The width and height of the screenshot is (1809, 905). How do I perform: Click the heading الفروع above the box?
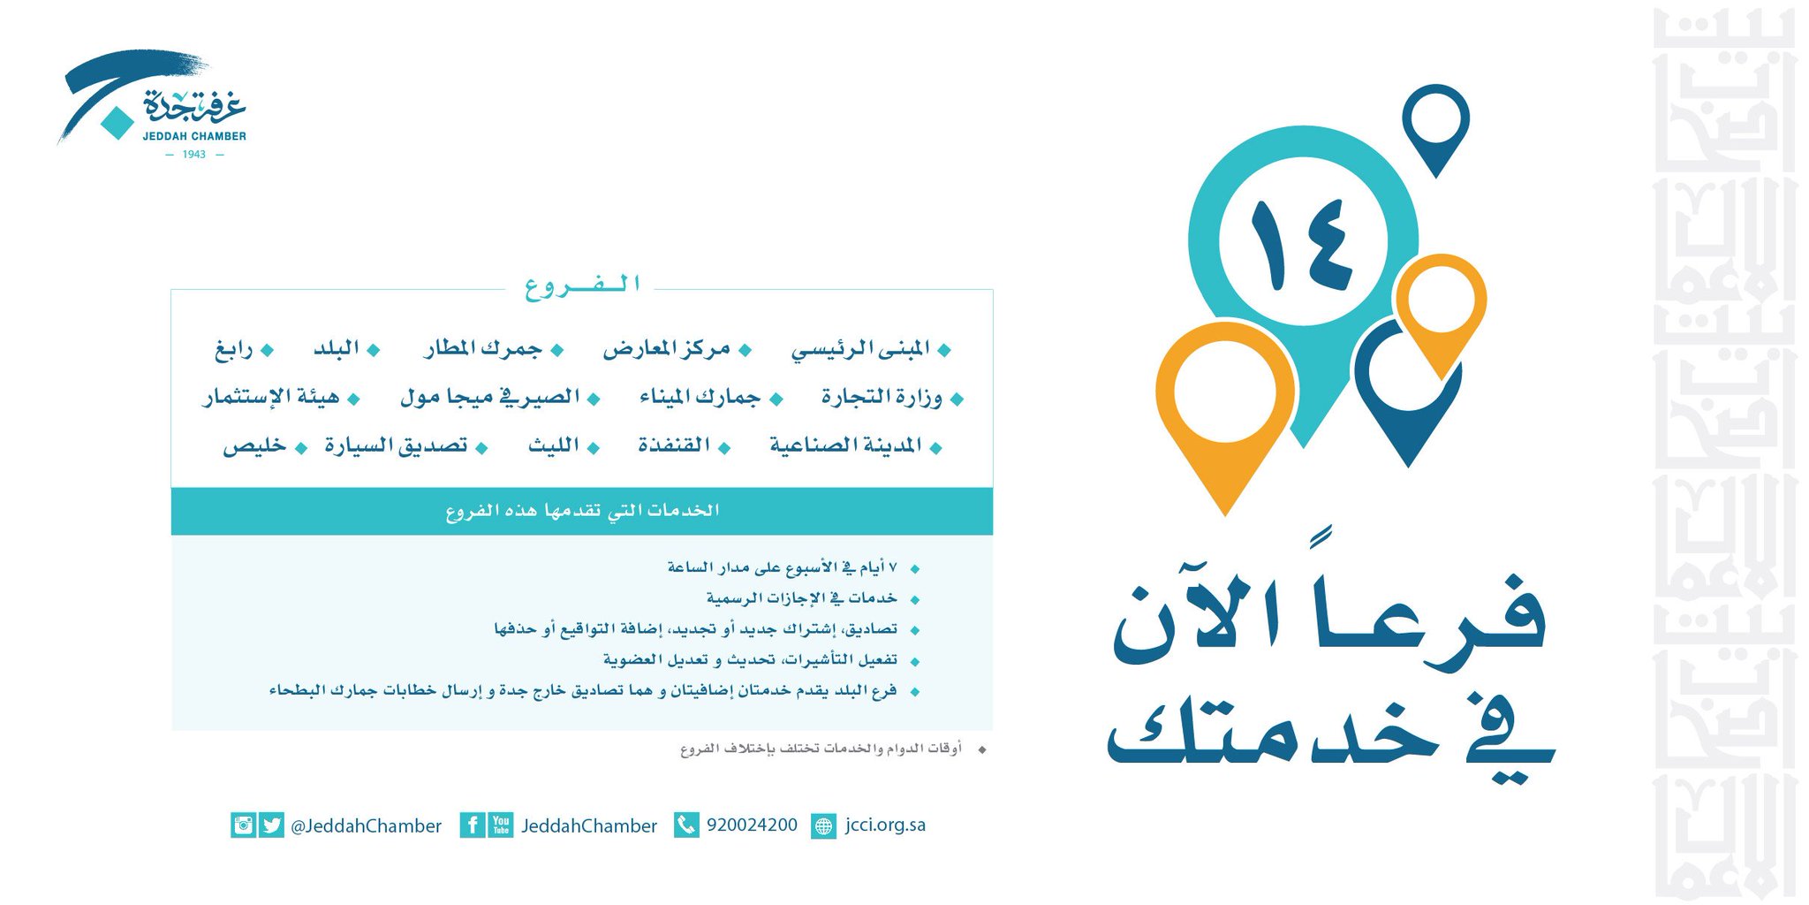pos(582,285)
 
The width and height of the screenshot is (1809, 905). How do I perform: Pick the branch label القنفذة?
pos(674,445)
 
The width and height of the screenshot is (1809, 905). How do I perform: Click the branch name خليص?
pos(254,445)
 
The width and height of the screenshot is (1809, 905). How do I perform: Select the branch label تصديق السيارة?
pos(396,445)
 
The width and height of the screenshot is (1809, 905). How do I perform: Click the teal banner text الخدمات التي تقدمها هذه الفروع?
pos(582,511)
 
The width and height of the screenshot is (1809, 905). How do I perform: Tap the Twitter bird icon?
pos(272,825)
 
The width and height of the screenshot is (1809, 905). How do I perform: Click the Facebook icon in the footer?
pos(473,825)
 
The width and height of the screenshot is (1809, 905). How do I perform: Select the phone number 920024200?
pos(752,825)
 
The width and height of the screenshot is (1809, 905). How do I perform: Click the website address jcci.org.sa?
pos(885,825)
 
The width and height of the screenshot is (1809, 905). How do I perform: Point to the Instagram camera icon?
pos(244,825)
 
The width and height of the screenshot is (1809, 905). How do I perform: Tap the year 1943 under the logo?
pos(194,155)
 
